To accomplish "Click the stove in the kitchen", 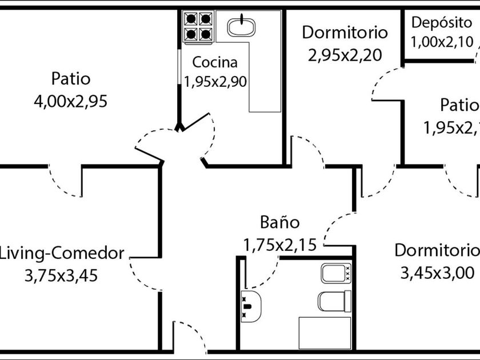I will click(198, 27).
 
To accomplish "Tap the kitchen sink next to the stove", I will click(241, 26).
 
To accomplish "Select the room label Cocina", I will click(214, 62).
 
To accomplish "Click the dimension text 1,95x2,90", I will click(215, 82).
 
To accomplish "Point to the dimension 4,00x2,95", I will click(71, 102).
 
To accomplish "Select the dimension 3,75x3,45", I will click(61, 276).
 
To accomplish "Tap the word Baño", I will click(279, 222).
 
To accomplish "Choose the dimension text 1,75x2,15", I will click(279, 245).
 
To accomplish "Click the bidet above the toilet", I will click(336, 273).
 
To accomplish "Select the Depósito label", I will click(442, 23).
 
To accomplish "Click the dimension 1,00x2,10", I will click(442, 42).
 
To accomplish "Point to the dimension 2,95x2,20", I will click(345, 55).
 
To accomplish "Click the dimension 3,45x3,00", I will click(437, 273).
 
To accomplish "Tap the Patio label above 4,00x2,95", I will click(70, 78).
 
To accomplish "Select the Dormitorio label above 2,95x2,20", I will click(345, 32).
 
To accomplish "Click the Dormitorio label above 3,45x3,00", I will click(437, 250).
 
